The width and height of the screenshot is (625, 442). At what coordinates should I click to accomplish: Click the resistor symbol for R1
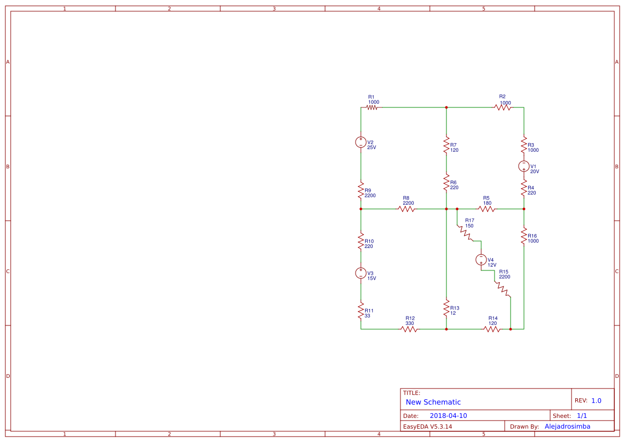pyautogui.click(x=372, y=107)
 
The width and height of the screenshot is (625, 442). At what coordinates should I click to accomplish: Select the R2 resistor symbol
pyautogui.click(x=503, y=107)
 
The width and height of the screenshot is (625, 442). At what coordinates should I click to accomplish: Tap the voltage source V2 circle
pyautogui.click(x=361, y=142)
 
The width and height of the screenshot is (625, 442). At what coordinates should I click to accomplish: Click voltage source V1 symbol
pyautogui.click(x=524, y=166)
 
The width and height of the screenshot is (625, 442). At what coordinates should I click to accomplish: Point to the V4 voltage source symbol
pyautogui.click(x=481, y=260)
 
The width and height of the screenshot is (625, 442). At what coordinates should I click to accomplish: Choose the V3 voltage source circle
pyautogui.click(x=361, y=273)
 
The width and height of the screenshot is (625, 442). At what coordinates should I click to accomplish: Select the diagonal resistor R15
pyautogui.click(x=503, y=289)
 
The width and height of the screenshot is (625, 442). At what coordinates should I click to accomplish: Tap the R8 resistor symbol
pyautogui.click(x=406, y=209)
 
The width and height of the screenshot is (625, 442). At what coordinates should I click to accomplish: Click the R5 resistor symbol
pyautogui.click(x=487, y=209)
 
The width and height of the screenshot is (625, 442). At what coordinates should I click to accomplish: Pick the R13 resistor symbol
pyautogui.click(x=446, y=308)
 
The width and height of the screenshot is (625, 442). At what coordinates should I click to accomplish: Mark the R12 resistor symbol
pyautogui.click(x=409, y=329)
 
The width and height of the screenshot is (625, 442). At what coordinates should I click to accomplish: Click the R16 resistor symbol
pyautogui.click(x=524, y=238)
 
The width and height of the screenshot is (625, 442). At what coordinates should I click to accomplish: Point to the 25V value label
pyautogui.click(x=372, y=148)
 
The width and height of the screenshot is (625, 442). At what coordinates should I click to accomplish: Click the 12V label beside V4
pyautogui.click(x=492, y=265)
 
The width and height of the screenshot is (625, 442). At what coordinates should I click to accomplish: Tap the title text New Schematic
pyautogui.click(x=433, y=402)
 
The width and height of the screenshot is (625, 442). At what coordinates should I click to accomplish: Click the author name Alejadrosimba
pyautogui.click(x=567, y=427)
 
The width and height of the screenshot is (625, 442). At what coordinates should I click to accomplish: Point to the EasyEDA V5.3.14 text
pyautogui.click(x=427, y=427)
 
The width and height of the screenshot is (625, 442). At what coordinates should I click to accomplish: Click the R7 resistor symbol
pyautogui.click(x=446, y=145)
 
